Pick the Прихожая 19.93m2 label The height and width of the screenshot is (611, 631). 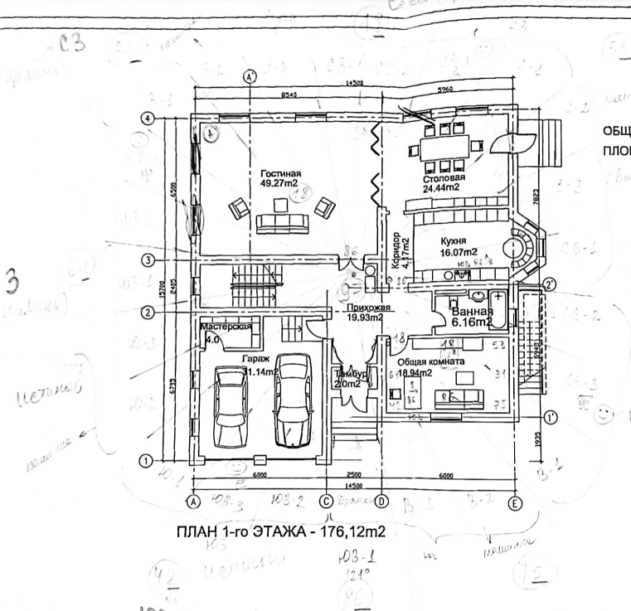click(x=365, y=313)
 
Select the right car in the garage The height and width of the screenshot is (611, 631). click(x=294, y=395)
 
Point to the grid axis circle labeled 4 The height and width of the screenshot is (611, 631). click(x=148, y=119)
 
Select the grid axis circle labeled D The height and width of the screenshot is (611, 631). click(x=381, y=502)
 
